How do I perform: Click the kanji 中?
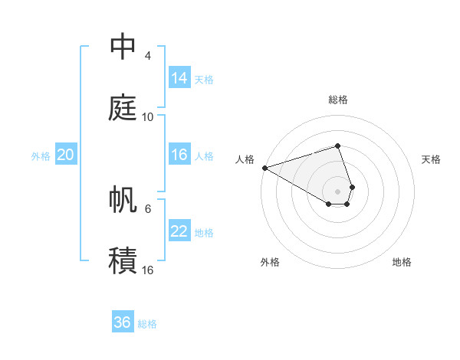point(123,47)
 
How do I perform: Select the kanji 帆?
point(123,199)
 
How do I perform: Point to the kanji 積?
point(123,260)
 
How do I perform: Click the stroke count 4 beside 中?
point(148,56)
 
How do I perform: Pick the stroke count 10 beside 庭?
point(148,117)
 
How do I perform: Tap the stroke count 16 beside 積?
point(148,270)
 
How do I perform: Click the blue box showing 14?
point(179,78)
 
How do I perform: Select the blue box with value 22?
point(179,231)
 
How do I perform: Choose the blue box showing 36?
point(123,322)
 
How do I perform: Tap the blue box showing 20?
point(65,155)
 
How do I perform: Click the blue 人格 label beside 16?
point(204,155)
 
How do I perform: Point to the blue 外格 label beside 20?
point(41,155)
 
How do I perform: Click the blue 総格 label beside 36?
point(147,324)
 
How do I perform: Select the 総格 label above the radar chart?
point(338,100)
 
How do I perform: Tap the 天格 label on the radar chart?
point(432,159)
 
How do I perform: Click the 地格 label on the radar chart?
point(402,262)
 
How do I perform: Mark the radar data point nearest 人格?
point(264,168)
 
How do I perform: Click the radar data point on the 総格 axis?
point(338,146)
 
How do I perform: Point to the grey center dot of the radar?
point(338,191)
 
